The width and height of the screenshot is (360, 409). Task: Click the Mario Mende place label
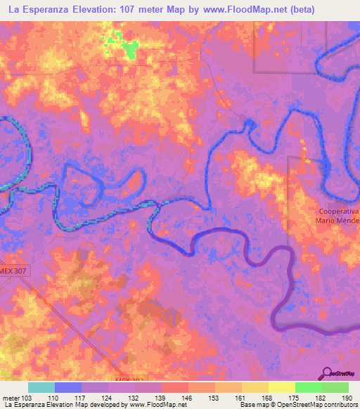337,221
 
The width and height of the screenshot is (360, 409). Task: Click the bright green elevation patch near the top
129,48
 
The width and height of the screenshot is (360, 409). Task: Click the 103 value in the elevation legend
27,398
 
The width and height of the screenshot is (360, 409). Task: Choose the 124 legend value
108,398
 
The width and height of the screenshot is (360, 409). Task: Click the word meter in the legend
11,398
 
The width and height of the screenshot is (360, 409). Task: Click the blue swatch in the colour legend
67,387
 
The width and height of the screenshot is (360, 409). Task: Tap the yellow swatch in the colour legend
281,387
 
